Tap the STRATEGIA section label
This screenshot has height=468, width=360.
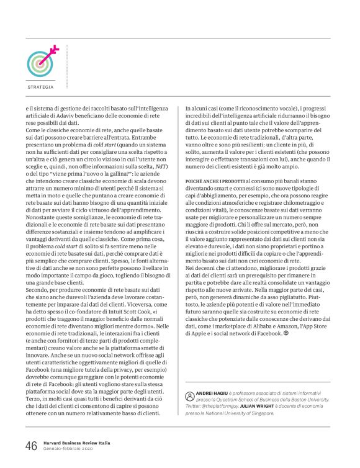click(41, 87)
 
